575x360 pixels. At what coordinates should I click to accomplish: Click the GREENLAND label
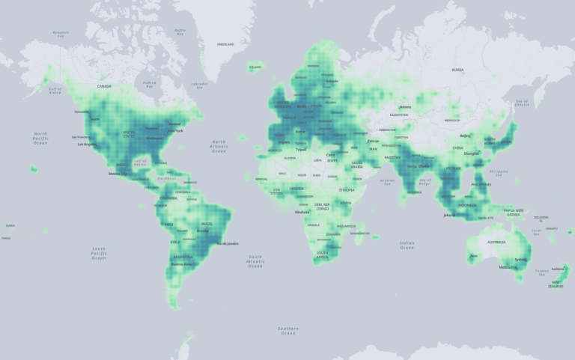225,44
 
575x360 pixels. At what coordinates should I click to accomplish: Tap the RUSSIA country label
458,70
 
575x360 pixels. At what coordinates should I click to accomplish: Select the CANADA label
104,87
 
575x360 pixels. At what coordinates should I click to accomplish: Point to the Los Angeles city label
87,144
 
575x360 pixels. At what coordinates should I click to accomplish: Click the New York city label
177,130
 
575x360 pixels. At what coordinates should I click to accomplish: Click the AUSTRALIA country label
496,242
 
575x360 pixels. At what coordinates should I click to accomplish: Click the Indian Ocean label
407,245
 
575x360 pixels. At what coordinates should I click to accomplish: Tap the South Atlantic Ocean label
255,261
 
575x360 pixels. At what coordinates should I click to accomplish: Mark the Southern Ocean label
287,331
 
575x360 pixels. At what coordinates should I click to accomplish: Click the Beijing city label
465,135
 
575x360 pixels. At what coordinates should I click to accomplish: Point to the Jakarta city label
449,215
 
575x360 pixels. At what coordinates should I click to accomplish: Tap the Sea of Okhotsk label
522,103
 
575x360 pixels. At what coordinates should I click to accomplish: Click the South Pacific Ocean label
99,253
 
